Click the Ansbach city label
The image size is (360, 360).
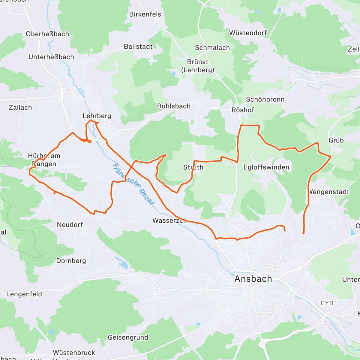coord(253,279)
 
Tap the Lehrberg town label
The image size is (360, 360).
coord(97,116)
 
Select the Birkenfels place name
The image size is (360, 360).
coord(145,14)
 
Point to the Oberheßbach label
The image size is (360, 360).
coord(47,34)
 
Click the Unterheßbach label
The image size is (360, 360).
coord(51,57)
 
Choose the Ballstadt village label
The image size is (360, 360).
coord(138,46)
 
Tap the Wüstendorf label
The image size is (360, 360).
coord(248,33)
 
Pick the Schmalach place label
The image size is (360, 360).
coord(212,48)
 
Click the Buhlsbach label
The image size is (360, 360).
coord(174,106)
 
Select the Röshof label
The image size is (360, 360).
coord(243,110)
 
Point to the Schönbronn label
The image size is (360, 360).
coord(265,99)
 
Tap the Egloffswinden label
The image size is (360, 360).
coord(266,167)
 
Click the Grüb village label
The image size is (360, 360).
coord(336,140)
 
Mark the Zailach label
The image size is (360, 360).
coord(20,107)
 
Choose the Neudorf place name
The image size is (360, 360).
coord(70,225)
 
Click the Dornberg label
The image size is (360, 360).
coord(71,261)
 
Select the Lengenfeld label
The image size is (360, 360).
coord(24,294)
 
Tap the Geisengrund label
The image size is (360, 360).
coord(128,337)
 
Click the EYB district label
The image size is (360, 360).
coord(327,303)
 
